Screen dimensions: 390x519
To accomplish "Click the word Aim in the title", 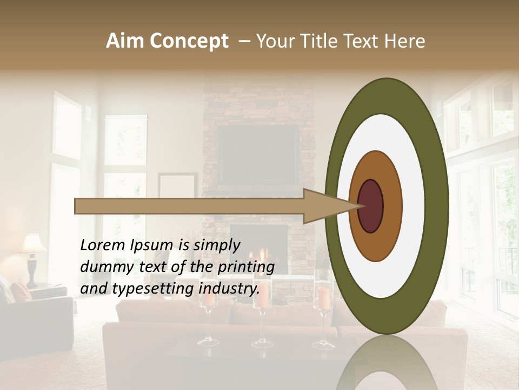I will point(125,41).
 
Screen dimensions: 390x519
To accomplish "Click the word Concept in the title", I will point(189,41).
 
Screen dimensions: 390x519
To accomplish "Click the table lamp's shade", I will point(33,244).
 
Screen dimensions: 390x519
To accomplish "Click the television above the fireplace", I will point(259,154).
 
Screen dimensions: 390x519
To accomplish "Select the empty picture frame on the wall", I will point(177,187).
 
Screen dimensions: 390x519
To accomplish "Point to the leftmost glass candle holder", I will point(208,320).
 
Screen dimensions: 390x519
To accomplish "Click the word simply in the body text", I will point(216,245).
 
